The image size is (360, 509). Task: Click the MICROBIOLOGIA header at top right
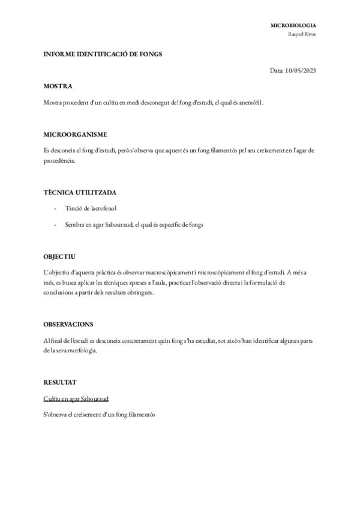click(293, 26)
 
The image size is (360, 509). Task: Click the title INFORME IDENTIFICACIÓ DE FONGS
click(103, 54)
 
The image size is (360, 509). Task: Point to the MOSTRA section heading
click(58, 86)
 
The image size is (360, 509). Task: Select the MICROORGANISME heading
click(75, 133)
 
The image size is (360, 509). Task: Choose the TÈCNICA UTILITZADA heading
click(80, 192)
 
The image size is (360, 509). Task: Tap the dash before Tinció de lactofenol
click(56, 208)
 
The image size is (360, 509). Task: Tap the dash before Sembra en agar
click(56, 225)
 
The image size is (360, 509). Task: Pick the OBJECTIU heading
click(59, 256)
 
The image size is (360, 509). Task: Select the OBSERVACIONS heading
click(68, 324)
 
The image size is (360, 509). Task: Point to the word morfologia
click(79, 351)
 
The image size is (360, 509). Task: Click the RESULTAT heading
click(60, 382)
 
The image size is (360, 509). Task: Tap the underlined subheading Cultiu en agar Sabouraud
click(76, 399)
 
